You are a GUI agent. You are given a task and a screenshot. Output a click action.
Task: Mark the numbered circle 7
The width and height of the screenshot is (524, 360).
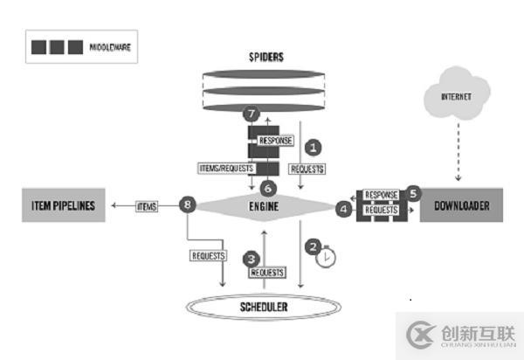[251, 115]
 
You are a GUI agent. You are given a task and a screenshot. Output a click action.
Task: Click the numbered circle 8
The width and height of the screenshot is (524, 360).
[184, 206]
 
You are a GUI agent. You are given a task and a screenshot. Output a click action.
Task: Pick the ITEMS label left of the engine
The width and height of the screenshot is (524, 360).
[147, 206]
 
